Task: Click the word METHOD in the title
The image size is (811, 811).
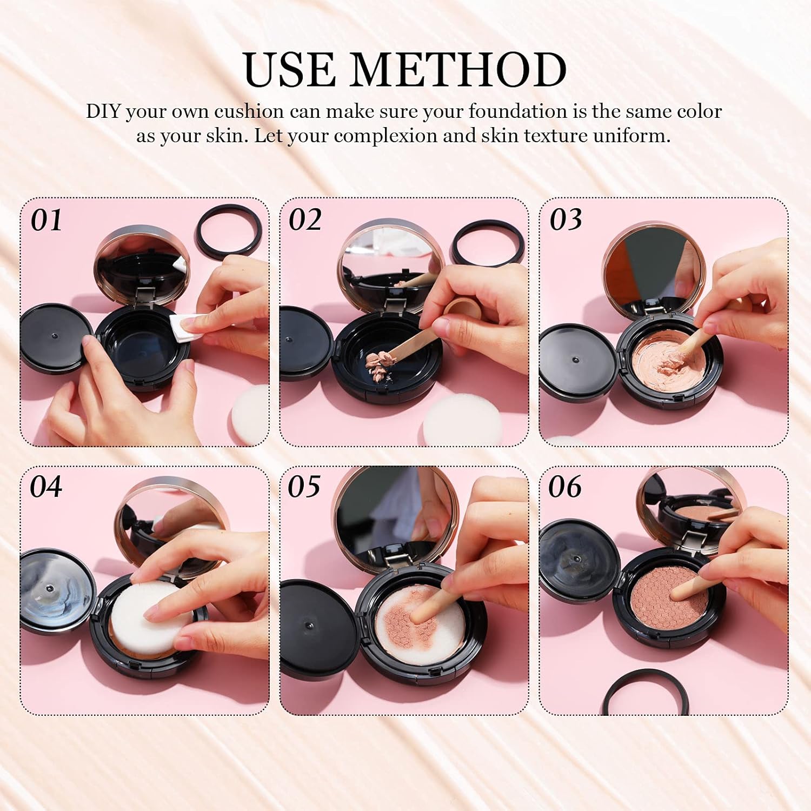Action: point(460,70)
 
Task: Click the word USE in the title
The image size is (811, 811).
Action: point(289,70)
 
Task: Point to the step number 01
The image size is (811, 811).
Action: point(46,221)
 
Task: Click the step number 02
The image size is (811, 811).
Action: point(305,220)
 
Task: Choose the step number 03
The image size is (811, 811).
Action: point(566,220)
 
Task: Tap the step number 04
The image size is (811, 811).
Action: point(46,487)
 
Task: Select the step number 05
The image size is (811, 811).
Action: point(304,487)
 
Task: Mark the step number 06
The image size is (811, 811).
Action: point(565,487)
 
